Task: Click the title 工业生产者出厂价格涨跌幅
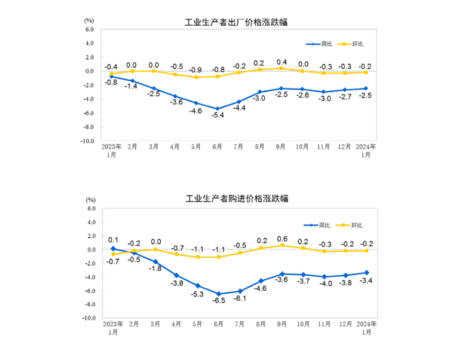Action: click(236, 23)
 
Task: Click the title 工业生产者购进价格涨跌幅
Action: click(236, 199)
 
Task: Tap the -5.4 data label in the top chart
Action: click(218, 115)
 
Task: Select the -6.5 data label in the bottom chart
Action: click(218, 300)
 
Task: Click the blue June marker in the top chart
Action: click(218, 109)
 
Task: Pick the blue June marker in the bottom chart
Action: click(218, 294)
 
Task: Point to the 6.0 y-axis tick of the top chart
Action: click(90, 29)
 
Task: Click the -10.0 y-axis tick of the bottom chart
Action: click(88, 318)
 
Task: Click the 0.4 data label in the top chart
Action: click(282, 62)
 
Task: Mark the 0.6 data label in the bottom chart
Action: click(282, 239)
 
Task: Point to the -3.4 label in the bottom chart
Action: click(367, 280)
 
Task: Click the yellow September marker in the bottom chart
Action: click(282, 245)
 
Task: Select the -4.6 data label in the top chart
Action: click(196, 110)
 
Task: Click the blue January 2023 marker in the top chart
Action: click(111, 77)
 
